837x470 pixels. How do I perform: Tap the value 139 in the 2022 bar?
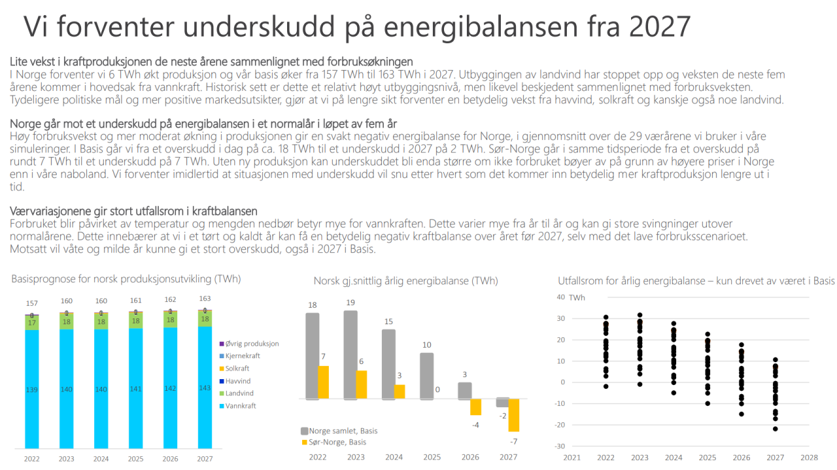[31, 390]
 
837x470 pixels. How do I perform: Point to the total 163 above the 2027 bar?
[205, 299]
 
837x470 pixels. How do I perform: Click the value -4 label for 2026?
[476, 424]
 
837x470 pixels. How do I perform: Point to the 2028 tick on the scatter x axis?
[809, 459]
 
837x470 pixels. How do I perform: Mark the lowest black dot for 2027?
[775, 429]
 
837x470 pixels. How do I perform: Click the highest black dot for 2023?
[640, 315]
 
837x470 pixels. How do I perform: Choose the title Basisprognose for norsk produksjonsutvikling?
[126, 279]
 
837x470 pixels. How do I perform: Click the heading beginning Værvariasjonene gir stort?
[134, 211]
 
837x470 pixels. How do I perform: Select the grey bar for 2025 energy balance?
[426, 376]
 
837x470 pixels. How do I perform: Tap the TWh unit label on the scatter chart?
[577, 297]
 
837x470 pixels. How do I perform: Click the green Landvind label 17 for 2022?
[31, 322]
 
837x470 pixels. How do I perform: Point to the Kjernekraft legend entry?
[243, 356]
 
